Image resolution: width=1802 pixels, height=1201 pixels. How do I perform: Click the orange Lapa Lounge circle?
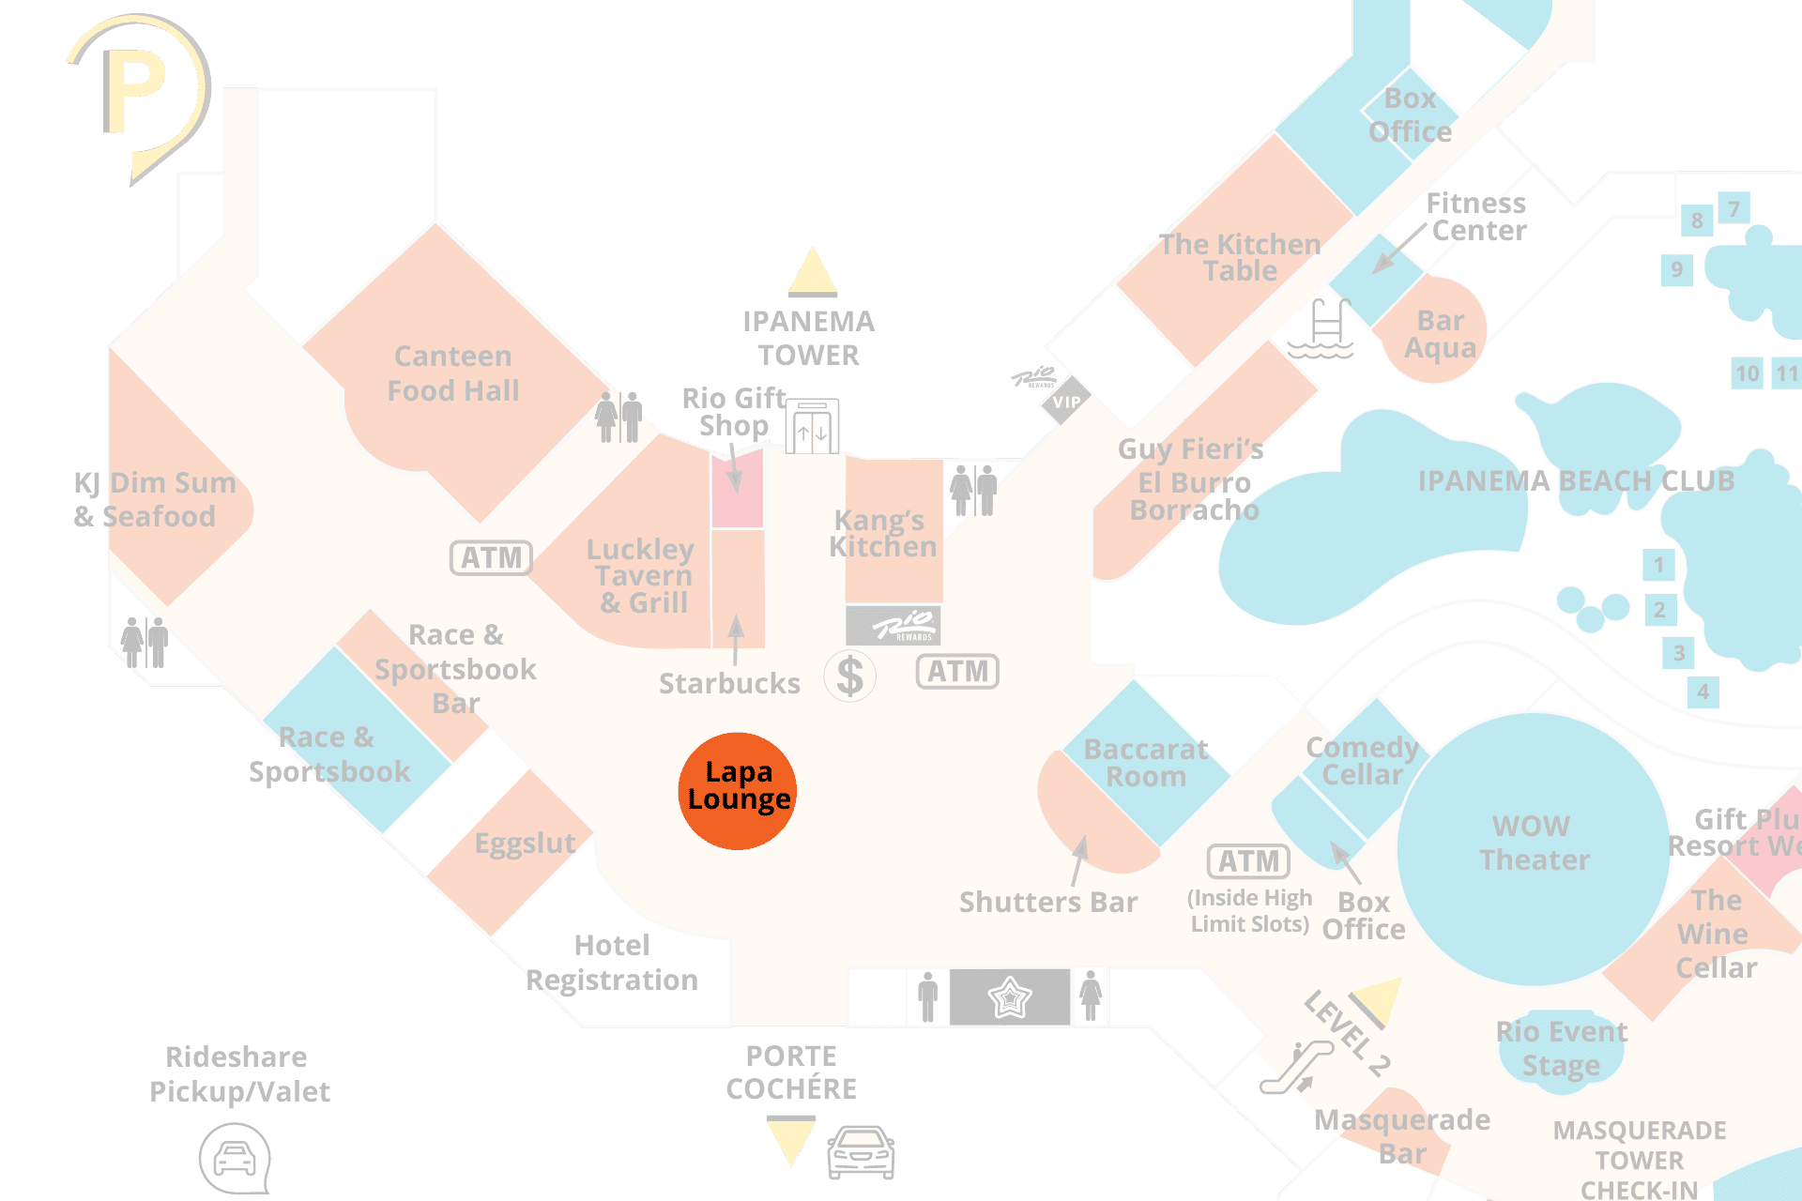click(738, 791)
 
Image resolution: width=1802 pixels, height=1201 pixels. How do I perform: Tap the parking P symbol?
click(136, 91)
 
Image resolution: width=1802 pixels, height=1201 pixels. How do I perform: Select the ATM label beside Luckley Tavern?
click(491, 557)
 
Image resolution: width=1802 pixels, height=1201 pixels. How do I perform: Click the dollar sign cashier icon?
click(849, 676)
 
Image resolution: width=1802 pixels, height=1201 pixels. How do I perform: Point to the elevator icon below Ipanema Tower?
click(812, 427)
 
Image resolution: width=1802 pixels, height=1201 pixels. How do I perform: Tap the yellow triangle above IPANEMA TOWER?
click(812, 271)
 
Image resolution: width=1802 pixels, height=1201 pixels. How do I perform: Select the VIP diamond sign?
click(1065, 402)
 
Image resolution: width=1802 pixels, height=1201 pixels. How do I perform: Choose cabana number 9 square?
click(1676, 270)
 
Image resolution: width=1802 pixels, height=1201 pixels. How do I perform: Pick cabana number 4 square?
click(1703, 692)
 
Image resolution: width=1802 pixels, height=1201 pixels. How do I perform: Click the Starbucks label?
click(729, 683)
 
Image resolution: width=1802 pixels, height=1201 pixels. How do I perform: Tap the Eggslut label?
click(525, 844)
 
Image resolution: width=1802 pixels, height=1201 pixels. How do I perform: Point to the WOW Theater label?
click(1534, 843)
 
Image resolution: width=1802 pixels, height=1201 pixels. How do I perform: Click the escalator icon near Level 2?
click(1296, 1068)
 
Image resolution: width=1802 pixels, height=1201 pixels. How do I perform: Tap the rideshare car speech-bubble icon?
click(235, 1159)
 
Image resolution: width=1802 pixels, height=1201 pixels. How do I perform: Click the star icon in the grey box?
click(1010, 996)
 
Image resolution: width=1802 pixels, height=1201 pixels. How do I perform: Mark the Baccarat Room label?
click(1146, 762)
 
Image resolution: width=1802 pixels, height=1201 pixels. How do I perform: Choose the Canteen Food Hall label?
click(453, 372)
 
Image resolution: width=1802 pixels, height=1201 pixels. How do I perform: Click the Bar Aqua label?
click(1440, 334)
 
